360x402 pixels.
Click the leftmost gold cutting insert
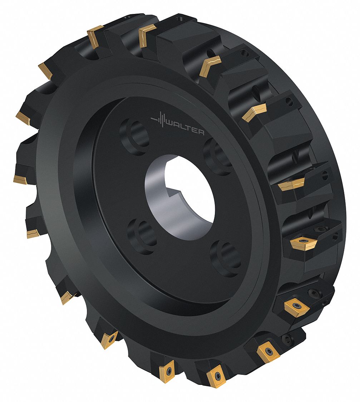click(20, 179)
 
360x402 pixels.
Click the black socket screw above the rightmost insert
click(321, 229)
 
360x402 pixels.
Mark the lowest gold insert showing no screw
click(66, 297)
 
